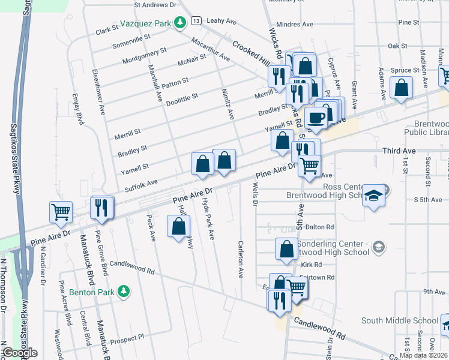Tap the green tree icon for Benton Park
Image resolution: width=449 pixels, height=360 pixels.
point(124,292)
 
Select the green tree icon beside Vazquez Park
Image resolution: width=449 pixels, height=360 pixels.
point(179,23)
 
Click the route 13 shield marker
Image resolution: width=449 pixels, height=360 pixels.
point(196,20)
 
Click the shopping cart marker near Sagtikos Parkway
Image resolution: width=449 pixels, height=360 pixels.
point(61,212)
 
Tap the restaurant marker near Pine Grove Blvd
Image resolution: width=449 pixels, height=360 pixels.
point(102,208)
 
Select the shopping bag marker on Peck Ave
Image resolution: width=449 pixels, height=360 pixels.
point(178,226)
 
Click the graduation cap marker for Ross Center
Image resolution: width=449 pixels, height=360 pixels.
point(374,196)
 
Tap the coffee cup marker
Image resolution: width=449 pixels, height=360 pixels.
point(316,118)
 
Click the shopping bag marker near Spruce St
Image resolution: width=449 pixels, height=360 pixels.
point(401,88)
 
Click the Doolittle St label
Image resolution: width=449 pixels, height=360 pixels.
point(182,100)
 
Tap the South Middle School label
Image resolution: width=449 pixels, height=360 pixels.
point(400,320)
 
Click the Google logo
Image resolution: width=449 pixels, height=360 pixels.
point(19,353)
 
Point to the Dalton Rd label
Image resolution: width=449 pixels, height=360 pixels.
point(319,227)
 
